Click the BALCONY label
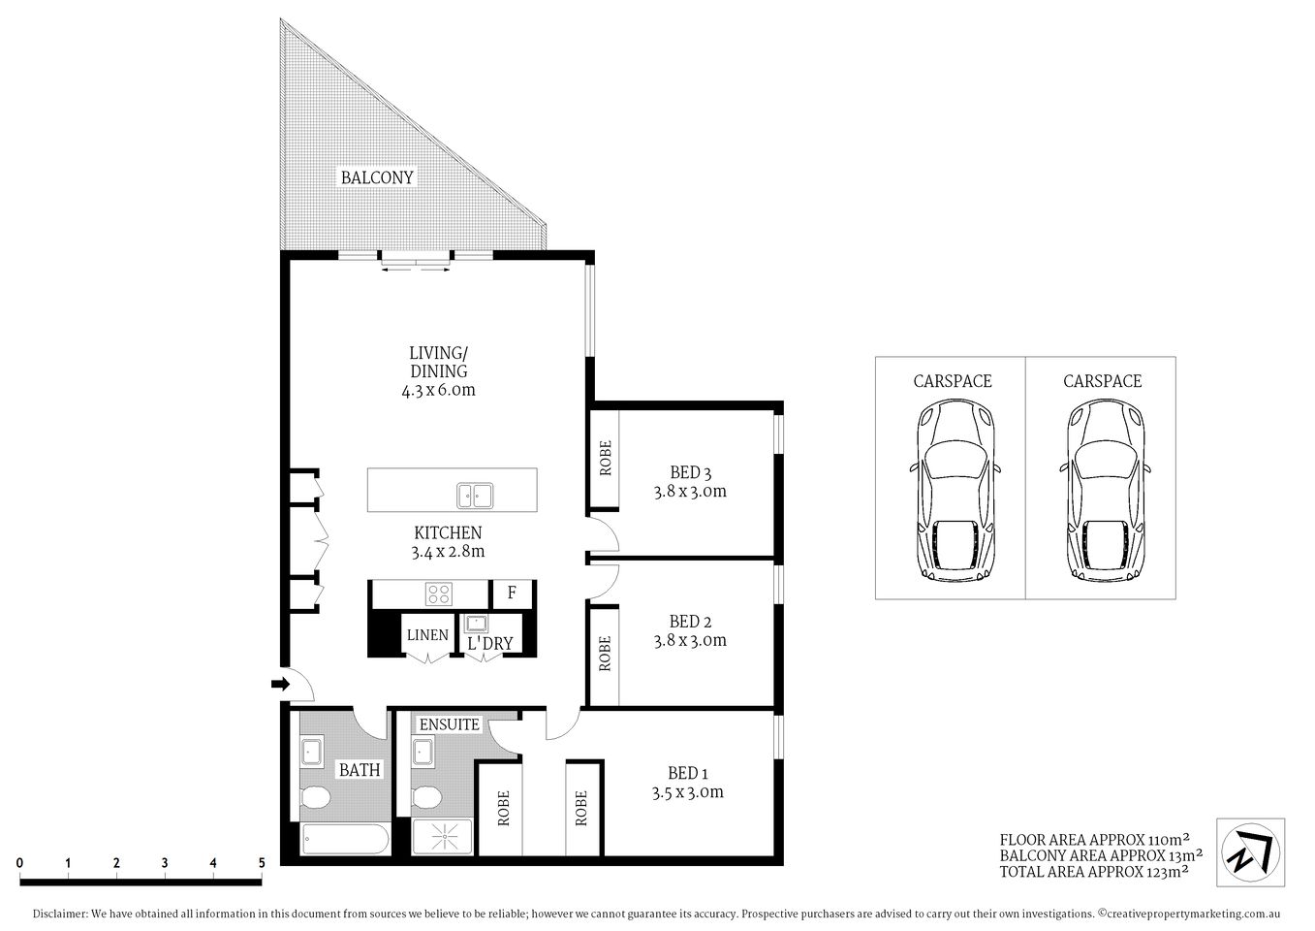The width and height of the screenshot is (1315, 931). tap(376, 177)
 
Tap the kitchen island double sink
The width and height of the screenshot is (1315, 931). tap(475, 496)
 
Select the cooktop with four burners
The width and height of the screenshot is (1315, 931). tap(439, 593)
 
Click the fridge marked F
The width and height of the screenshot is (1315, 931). tap(512, 593)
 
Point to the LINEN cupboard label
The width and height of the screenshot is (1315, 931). tap(427, 635)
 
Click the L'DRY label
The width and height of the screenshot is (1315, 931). tap(489, 643)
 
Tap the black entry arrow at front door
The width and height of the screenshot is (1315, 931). tap(280, 685)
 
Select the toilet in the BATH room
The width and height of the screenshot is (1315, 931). tap(315, 798)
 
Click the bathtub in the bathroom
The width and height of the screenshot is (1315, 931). tap(344, 839)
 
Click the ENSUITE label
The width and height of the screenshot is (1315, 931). tap(449, 724)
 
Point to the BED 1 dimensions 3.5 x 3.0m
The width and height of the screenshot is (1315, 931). tap(688, 792)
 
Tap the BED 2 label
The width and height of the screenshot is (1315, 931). tap(691, 622)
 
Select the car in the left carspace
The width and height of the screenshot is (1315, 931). tap(955, 492)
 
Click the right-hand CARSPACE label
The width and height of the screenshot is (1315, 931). tap(1102, 381)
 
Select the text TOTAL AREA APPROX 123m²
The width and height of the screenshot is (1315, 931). tap(1094, 871)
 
